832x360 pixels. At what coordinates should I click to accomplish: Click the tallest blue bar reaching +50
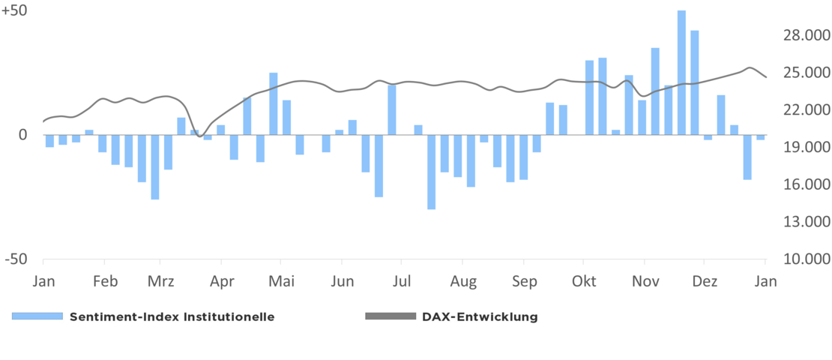(681, 72)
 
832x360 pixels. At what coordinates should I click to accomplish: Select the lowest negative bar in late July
(431, 172)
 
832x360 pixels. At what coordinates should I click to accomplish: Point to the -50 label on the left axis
(16, 259)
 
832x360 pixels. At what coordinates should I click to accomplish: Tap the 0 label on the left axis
(22, 135)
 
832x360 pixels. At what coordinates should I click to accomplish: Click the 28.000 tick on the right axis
(806, 36)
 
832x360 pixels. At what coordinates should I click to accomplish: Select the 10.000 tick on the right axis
(806, 259)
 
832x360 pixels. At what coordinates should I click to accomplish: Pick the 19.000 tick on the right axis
(806, 148)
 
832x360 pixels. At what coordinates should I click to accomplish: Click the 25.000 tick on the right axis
(806, 73)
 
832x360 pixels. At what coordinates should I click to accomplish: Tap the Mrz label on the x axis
(160, 282)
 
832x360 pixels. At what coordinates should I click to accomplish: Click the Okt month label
(584, 282)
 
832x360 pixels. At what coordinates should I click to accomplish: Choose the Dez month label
(705, 282)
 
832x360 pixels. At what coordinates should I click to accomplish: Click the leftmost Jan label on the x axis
(44, 282)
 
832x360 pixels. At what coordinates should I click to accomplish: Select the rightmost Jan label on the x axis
(765, 282)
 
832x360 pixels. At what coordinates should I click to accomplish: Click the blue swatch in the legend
(37, 316)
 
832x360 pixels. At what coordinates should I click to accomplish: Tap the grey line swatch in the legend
(389, 316)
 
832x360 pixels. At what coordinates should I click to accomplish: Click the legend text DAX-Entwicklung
(480, 316)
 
